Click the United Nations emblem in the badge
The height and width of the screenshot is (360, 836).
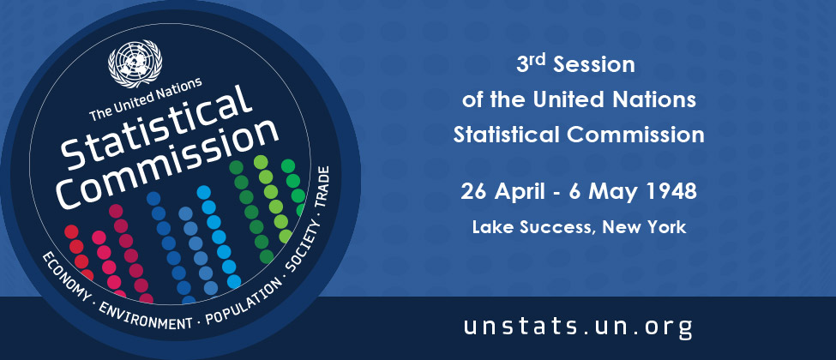click(135, 63)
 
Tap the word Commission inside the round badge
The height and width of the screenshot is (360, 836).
click(168, 164)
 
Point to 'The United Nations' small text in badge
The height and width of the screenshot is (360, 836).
click(146, 99)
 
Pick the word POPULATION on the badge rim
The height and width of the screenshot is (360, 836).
click(244, 302)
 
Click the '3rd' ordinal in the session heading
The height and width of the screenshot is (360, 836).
click(532, 64)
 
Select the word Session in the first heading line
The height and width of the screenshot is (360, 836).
click(594, 65)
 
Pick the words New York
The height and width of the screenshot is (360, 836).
click(644, 228)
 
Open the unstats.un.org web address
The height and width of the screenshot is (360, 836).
click(578, 327)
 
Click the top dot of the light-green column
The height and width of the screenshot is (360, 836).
click(261, 162)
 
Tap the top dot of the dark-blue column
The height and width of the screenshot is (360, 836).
click(153, 198)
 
